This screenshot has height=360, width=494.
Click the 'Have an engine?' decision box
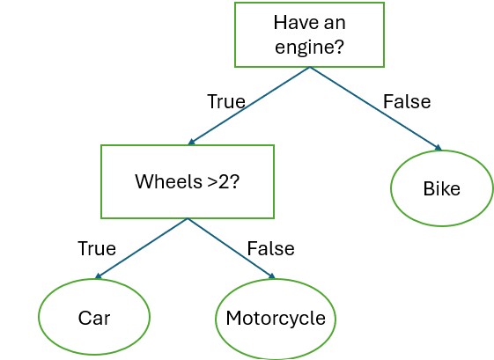(309, 34)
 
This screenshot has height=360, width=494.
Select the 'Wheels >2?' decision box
(188, 181)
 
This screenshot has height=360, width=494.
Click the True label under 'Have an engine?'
(226, 101)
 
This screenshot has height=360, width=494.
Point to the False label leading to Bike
(407, 101)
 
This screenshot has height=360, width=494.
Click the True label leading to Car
(97, 248)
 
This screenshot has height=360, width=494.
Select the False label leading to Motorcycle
(270, 248)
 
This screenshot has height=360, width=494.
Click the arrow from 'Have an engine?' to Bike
(376, 108)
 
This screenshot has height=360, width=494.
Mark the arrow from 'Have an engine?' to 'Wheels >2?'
(249, 106)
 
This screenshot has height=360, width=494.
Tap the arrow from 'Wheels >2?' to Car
(141, 249)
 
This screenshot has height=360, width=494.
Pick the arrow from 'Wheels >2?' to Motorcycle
(232, 249)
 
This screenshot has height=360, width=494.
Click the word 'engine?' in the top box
(309, 47)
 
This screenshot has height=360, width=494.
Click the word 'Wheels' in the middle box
(168, 181)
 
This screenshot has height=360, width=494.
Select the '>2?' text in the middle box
(224, 181)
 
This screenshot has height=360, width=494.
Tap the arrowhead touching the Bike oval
(439, 148)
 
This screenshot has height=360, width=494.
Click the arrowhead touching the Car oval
(98, 276)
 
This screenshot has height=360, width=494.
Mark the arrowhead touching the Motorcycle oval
(272, 276)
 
